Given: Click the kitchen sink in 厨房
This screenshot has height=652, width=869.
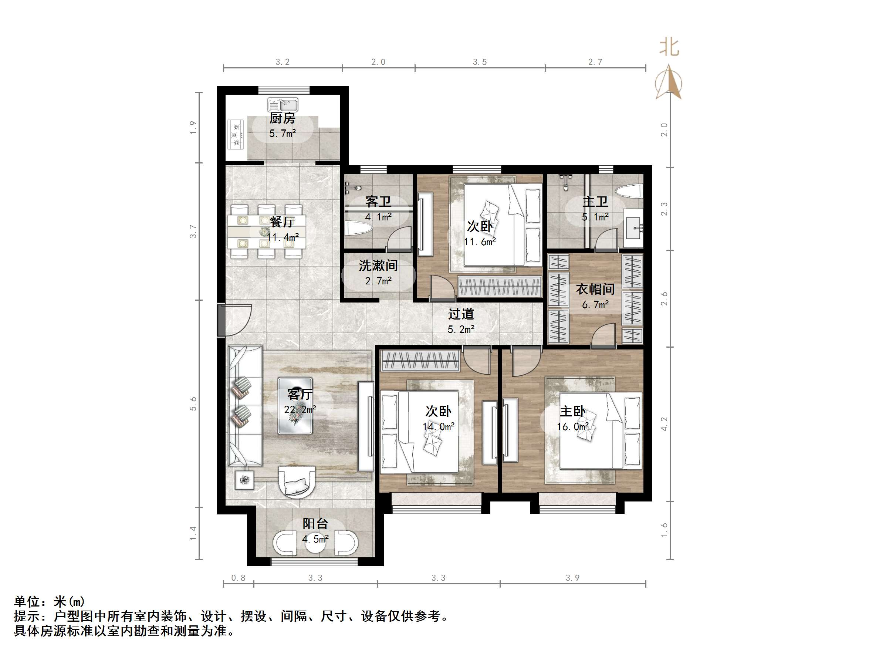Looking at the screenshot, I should pos(283,105).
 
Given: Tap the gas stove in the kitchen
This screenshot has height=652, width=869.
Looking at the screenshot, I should pos(236,134).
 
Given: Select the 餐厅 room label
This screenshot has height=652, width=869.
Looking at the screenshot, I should pos(282,222).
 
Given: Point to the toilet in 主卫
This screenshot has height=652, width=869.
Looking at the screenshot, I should pos(629,192).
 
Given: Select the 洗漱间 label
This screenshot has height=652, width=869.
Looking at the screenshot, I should pos(378,266).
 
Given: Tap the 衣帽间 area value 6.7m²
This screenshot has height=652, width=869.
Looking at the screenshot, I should pos(595,305).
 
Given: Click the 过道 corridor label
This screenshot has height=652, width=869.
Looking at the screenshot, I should pos(461,314).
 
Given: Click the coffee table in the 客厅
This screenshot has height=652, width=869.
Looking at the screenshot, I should pos(295,406).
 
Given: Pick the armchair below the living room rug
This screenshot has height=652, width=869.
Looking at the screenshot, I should pos(297,482).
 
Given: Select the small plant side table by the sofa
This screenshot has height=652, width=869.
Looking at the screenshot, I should pos(245,480).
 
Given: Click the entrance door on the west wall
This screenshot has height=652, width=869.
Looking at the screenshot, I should pos(222,320).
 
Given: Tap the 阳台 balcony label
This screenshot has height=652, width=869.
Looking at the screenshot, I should pos(315,524).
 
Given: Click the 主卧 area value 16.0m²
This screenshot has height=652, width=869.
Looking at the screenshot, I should pos(572,426).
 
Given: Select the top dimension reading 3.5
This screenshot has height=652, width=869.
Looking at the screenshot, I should pos(479,62).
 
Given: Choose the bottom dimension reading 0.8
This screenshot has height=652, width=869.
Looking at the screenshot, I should pos(238,578).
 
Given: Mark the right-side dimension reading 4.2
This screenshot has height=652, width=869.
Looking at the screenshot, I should pos(664,424).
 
